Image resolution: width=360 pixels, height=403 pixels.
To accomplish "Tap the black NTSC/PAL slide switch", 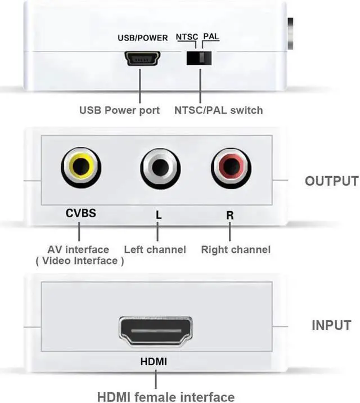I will pyautogui.click(x=200, y=58).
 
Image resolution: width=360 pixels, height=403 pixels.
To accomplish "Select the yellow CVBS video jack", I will pyautogui.click(x=81, y=166).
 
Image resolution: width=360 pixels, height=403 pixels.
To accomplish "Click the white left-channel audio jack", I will pyautogui.click(x=160, y=167).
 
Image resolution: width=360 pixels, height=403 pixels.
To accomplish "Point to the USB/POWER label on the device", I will pyautogui.click(x=142, y=38).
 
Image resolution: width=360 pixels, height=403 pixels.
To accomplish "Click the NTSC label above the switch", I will pyautogui.click(x=187, y=37).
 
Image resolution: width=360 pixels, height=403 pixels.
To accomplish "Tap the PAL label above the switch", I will pyautogui.click(x=211, y=37).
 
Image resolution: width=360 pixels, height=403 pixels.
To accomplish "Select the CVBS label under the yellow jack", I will pyautogui.click(x=81, y=213).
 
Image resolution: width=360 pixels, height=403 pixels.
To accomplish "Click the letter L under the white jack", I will pyautogui.click(x=158, y=214).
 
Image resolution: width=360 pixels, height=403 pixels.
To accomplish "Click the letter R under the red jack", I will pyautogui.click(x=229, y=214).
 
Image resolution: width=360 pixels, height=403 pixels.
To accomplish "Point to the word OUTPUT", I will pyautogui.click(x=331, y=181).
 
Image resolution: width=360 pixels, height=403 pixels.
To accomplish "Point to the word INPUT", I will pyautogui.click(x=331, y=325).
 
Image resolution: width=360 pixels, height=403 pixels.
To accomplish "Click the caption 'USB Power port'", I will pyautogui.click(x=119, y=110).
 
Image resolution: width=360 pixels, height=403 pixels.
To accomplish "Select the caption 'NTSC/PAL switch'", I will pyautogui.click(x=218, y=110).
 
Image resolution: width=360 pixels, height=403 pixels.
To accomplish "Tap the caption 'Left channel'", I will pyautogui.click(x=155, y=249).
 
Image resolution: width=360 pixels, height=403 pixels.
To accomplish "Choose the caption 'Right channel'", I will pyautogui.click(x=236, y=249).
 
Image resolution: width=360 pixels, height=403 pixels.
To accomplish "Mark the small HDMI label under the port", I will pyautogui.click(x=154, y=361).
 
